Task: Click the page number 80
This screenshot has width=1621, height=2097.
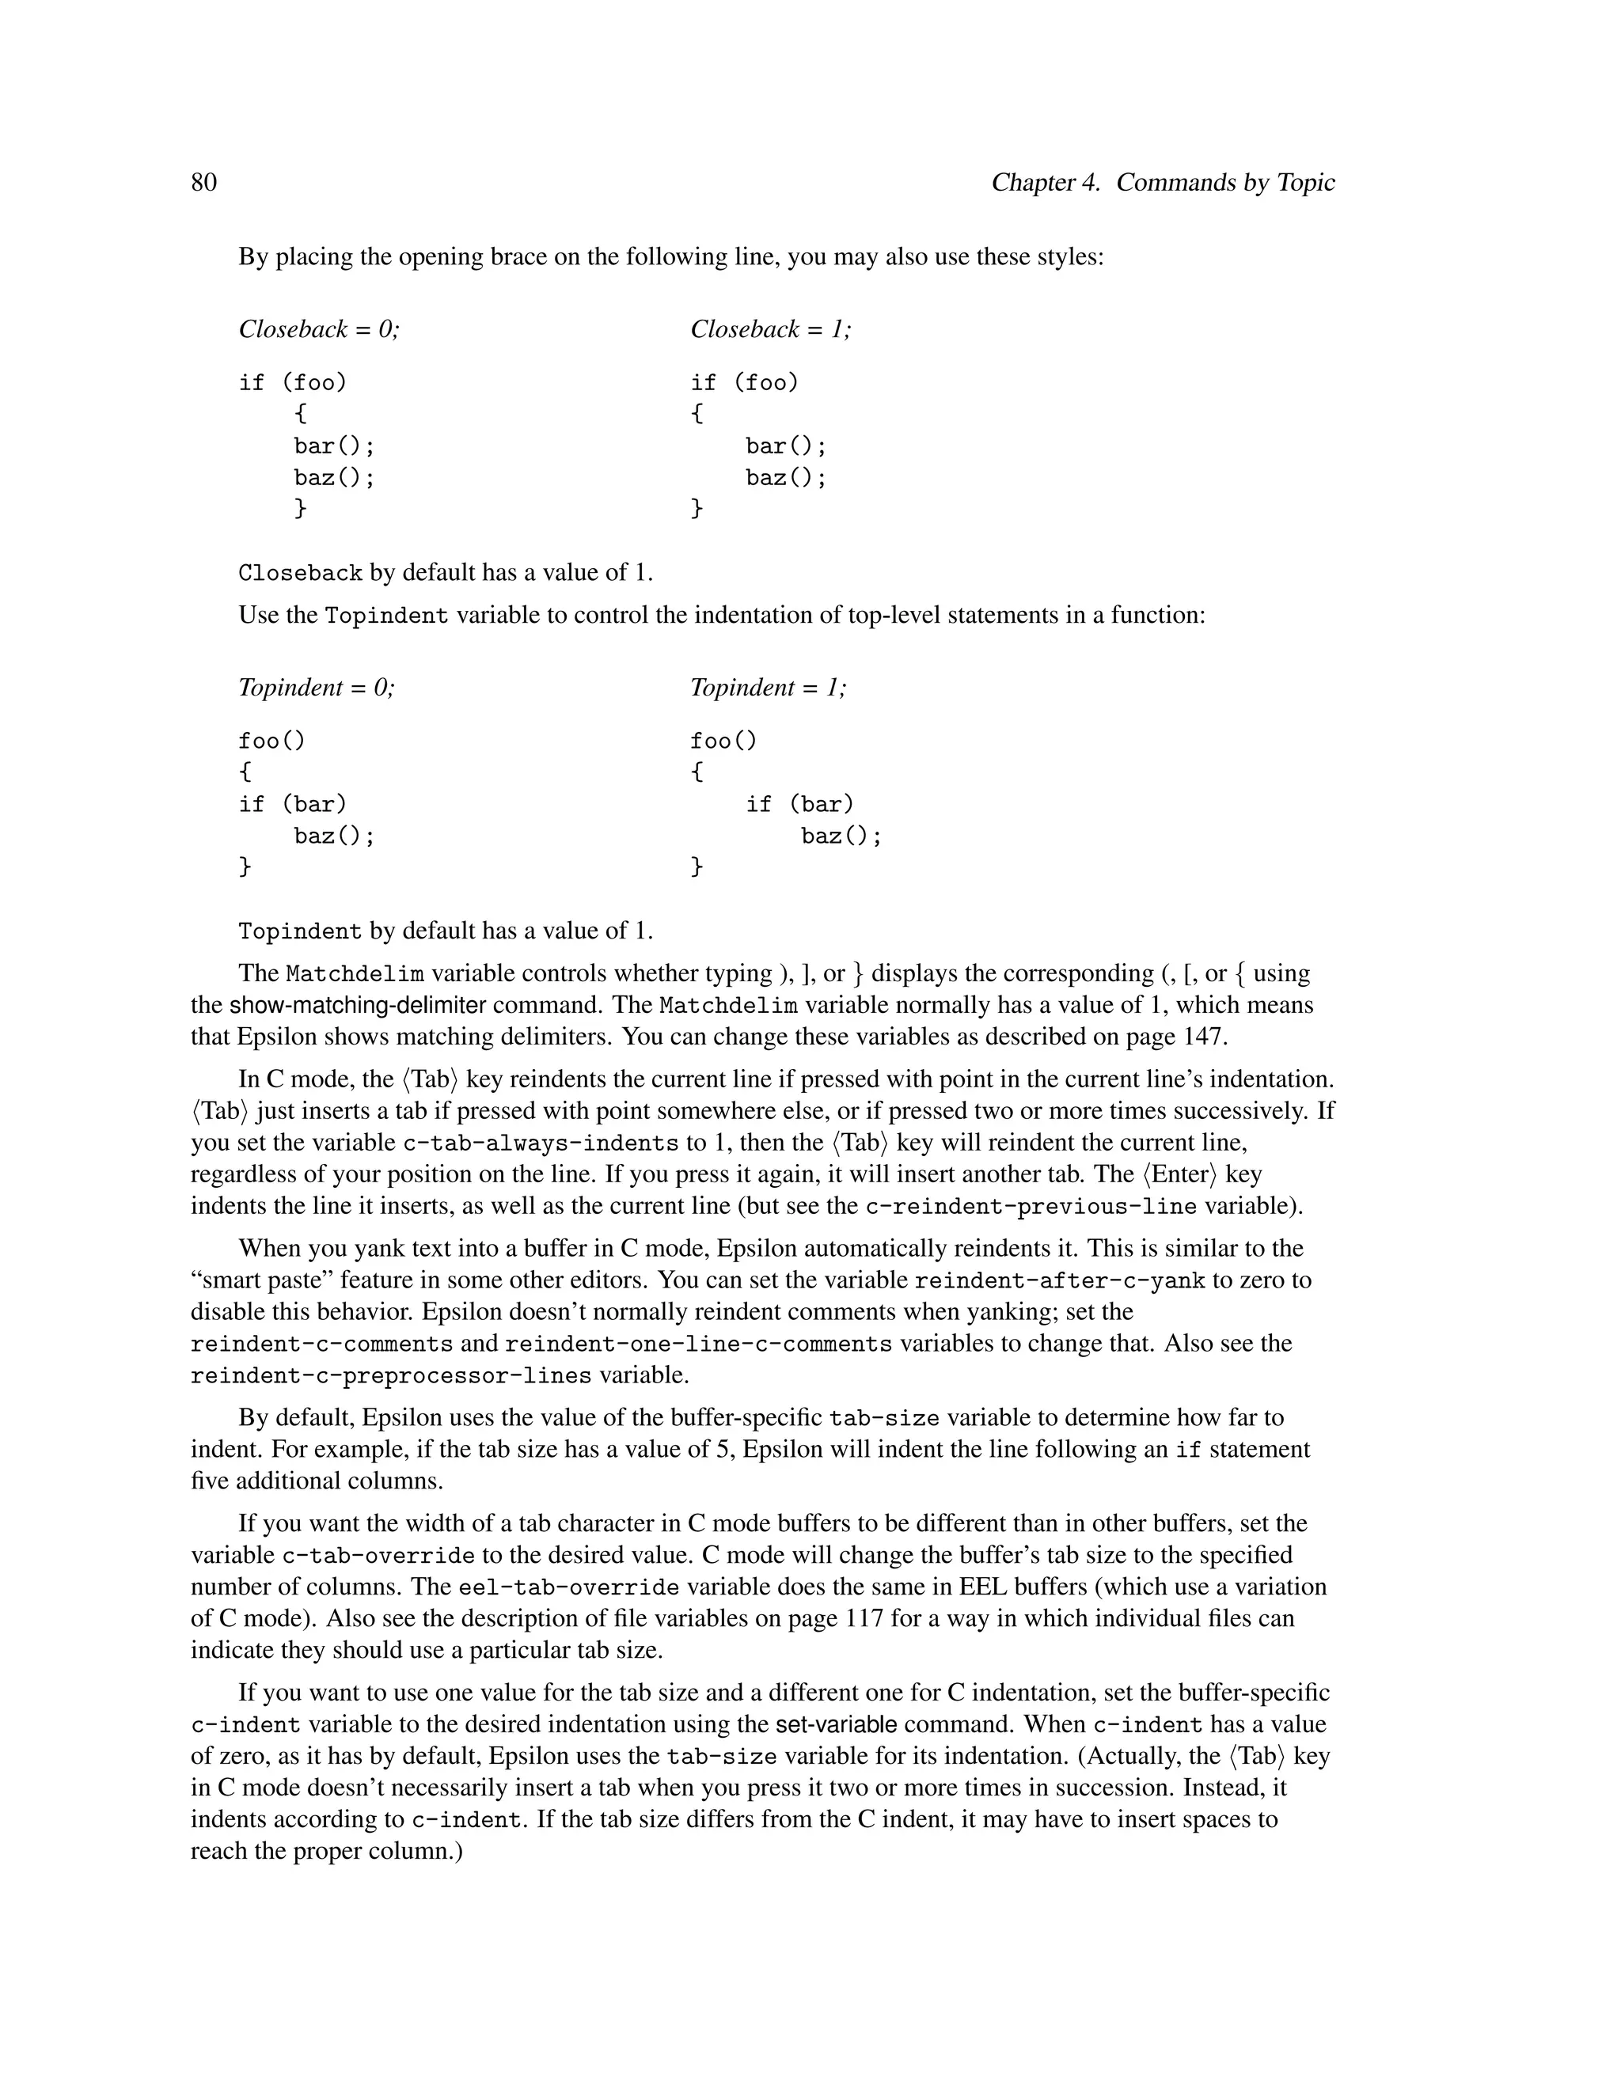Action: [x=203, y=183]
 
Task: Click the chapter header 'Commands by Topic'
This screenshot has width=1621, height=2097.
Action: [x=1225, y=183]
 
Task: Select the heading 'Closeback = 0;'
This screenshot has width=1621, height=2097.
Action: [x=319, y=329]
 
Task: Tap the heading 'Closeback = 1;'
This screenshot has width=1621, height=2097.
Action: [x=770, y=329]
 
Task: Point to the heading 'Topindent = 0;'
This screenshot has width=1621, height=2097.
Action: [x=316, y=688]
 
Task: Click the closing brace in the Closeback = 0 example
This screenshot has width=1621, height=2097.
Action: [x=301, y=508]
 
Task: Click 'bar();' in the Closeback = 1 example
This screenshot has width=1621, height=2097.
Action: [x=785, y=446]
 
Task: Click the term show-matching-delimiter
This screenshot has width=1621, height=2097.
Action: [x=357, y=1005]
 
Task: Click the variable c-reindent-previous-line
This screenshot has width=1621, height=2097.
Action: [x=1031, y=1207]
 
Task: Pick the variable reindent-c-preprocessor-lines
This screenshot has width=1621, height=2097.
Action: [x=391, y=1376]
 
